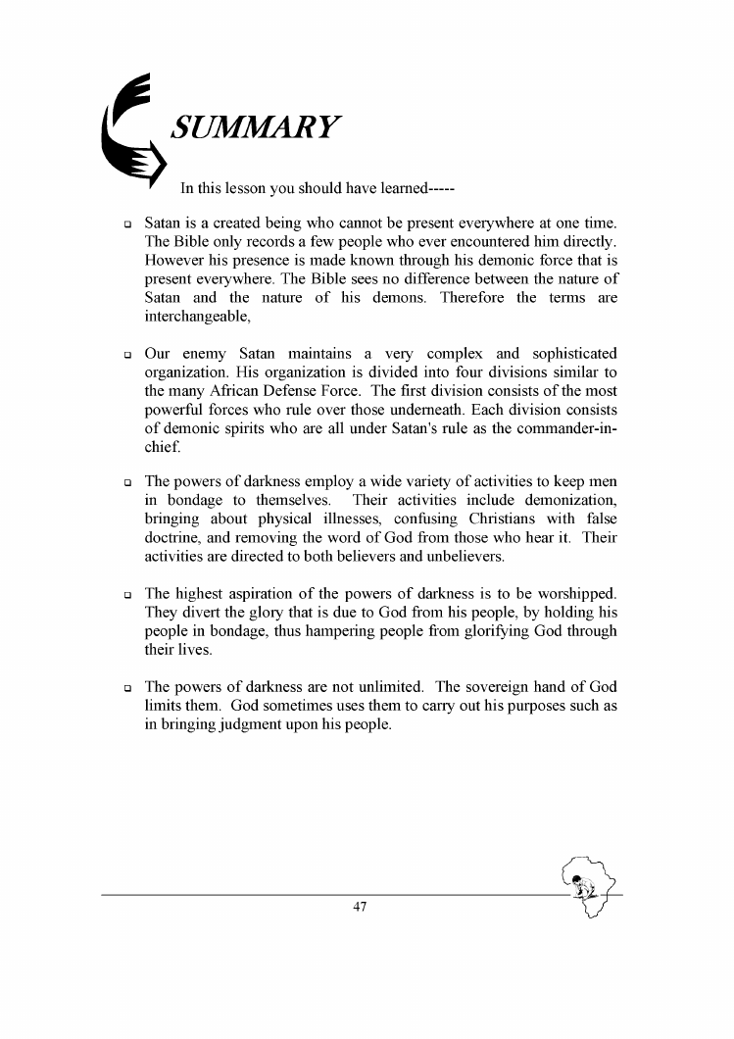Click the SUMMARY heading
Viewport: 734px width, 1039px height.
pos(255,127)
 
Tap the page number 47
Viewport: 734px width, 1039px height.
pos(360,908)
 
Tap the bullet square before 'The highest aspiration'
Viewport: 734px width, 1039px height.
pos(128,595)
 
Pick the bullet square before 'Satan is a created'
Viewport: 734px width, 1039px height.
pos(128,225)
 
